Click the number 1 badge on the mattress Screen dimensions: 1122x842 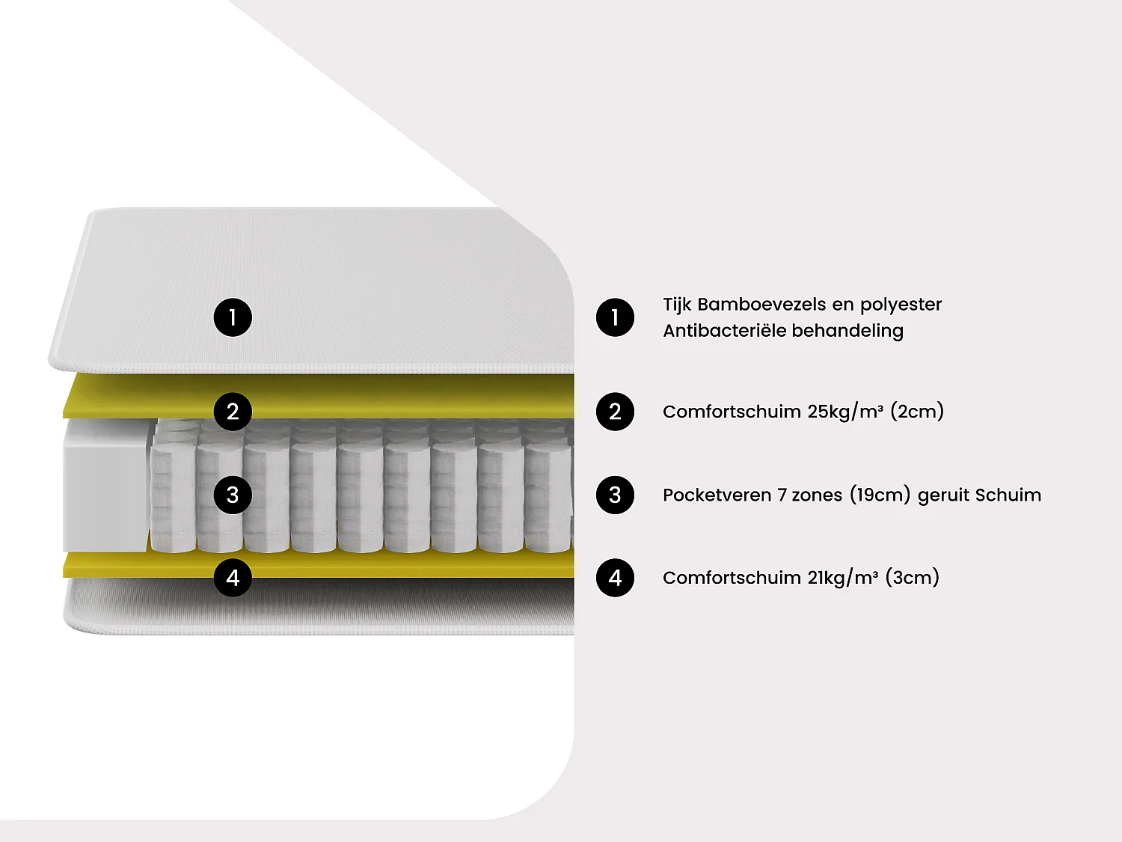(x=233, y=317)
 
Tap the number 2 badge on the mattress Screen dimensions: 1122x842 (x=233, y=412)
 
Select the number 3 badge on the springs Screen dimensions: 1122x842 (x=233, y=495)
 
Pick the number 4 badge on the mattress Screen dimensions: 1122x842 (x=233, y=578)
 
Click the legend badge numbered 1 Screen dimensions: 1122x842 (x=615, y=317)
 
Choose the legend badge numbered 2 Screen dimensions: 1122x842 (x=615, y=412)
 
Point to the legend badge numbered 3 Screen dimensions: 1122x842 (x=615, y=495)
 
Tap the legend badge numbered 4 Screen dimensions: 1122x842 (x=615, y=578)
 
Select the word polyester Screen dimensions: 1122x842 (x=901, y=305)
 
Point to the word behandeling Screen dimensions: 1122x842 (x=847, y=332)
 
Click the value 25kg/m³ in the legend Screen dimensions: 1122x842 (x=845, y=412)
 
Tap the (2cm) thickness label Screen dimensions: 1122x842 (x=917, y=412)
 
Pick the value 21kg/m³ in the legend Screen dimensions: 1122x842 (x=843, y=578)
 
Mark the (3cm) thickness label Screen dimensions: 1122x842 (x=913, y=578)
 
